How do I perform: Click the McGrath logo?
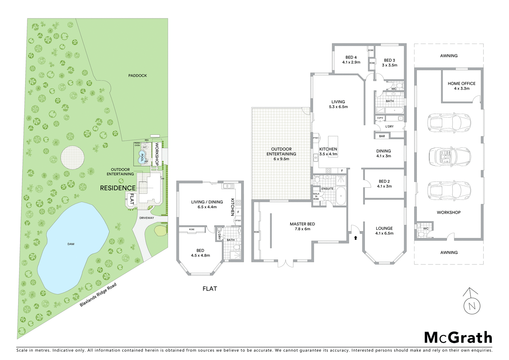[458, 338]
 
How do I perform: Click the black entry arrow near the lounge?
[356, 237]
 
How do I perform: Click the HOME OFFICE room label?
[461, 86]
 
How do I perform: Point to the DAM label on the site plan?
[71, 244]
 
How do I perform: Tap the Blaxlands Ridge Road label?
[98, 295]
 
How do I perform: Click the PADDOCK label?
[137, 76]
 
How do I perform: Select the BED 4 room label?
[351, 60]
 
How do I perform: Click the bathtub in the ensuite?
[341, 195]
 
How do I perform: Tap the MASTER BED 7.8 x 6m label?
[302, 226]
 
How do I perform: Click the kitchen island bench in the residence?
[333, 146]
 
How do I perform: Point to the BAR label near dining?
[382, 136]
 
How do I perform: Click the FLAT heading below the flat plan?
[210, 289]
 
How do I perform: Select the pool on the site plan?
[142, 157]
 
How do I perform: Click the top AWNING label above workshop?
[449, 56]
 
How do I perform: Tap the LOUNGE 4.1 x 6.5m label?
[384, 231]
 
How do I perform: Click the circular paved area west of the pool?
[73, 157]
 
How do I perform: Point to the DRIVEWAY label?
[146, 218]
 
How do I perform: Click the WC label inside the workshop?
[426, 229]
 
